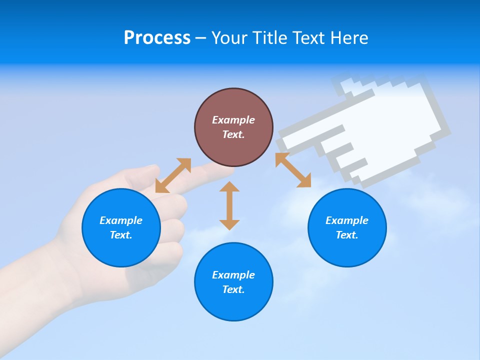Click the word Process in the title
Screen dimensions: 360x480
pyautogui.click(x=157, y=38)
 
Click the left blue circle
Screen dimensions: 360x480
pyautogui.click(x=121, y=227)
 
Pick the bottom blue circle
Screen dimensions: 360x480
pyautogui.click(x=233, y=282)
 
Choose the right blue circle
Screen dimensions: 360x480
pyautogui.click(x=347, y=227)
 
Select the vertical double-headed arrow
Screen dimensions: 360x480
pyautogui.click(x=229, y=205)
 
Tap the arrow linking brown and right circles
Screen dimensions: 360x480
pyautogui.click(x=293, y=170)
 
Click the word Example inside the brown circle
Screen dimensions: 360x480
pyautogui.click(x=233, y=120)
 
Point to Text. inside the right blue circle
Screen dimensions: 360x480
pyautogui.click(x=347, y=235)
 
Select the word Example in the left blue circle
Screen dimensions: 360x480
pyautogui.click(x=121, y=220)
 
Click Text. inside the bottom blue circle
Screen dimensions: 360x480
pyautogui.click(x=233, y=289)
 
